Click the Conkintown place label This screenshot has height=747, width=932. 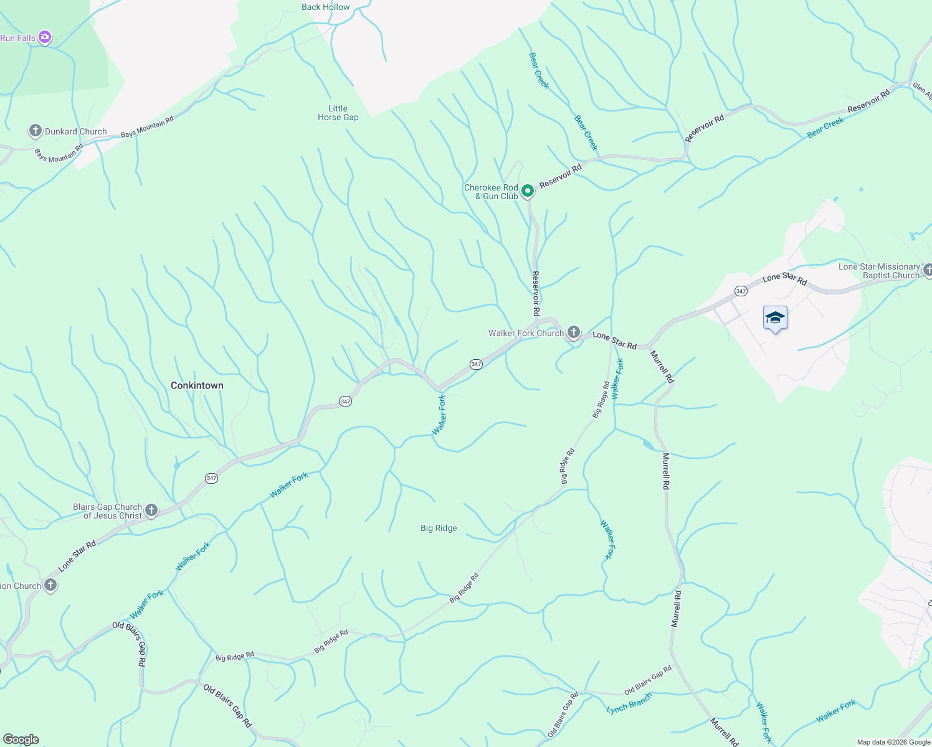(x=197, y=386)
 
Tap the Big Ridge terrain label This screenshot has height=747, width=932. (x=439, y=529)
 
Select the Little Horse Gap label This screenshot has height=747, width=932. (x=338, y=113)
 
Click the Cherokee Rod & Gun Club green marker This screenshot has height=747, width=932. (x=527, y=191)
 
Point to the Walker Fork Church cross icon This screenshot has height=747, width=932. (x=574, y=332)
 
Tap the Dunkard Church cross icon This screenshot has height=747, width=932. (x=36, y=131)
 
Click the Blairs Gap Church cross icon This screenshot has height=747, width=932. (x=151, y=511)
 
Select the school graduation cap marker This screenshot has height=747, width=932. (x=775, y=318)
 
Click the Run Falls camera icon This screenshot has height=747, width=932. (x=45, y=38)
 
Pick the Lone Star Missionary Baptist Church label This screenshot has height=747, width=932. (x=878, y=271)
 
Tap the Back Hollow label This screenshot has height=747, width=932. (x=325, y=7)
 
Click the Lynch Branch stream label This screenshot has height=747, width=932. (x=629, y=704)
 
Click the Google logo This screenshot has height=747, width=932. (x=21, y=740)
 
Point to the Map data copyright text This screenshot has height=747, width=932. (x=893, y=742)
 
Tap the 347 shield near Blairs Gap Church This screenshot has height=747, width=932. (x=211, y=478)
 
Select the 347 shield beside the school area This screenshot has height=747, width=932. (x=740, y=291)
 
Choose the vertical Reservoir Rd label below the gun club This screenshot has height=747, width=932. (x=535, y=293)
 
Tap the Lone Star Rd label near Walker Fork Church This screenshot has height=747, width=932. (x=614, y=341)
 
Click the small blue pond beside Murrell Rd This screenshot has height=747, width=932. (x=648, y=444)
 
